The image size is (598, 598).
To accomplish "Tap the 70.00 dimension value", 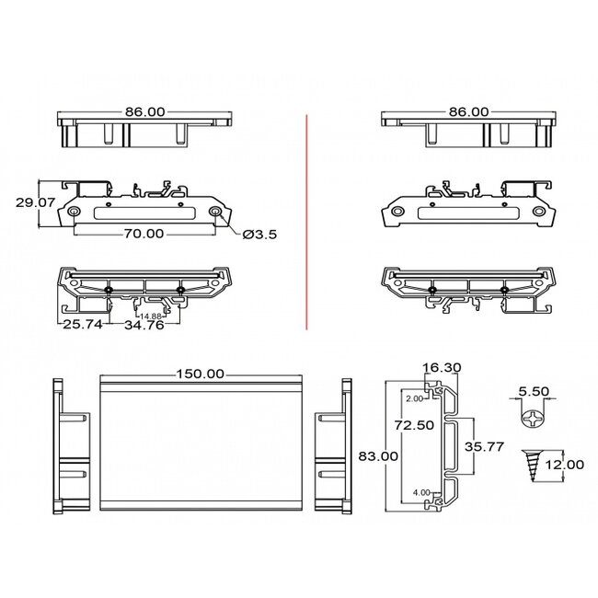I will pyautogui.click(x=144, y=234).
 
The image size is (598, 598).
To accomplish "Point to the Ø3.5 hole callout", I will pyautogui.click(x=259, y=235).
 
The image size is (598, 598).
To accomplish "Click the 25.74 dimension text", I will pyautogui.click(x=81, y=325).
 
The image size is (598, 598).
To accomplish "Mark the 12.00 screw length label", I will pyautogui.click(x=563, y=465).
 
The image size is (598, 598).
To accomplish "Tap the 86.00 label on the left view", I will pyautogui.click(x=145, y=111).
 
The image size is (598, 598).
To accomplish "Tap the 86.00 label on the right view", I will pyautogui.click(x=468, y=111).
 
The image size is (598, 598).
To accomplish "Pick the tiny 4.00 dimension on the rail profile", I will pyautogui.click(x=420, y=492).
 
